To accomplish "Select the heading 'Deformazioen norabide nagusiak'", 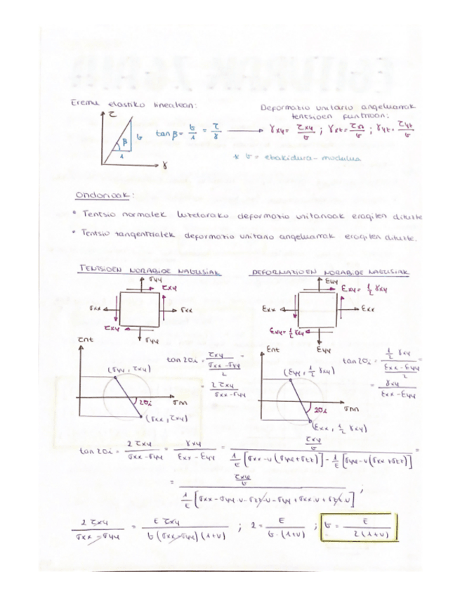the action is [x=329, y=271].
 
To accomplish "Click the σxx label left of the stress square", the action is [x=95, y=307].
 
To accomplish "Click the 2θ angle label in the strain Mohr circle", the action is [x=320, y=408].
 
